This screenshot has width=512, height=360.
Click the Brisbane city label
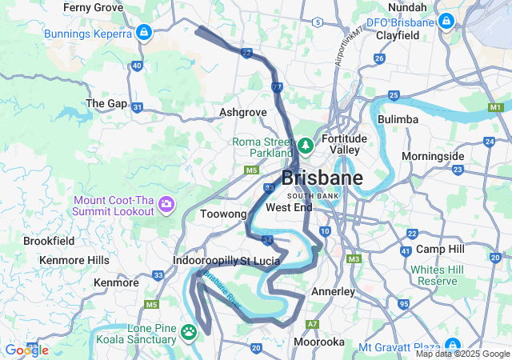(x=322, y=178)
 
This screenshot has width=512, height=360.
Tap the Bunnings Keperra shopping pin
(x=143, y=33)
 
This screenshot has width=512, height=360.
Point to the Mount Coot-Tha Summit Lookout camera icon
(x=167, y=205)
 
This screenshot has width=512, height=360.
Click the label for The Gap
(x=106, y=103)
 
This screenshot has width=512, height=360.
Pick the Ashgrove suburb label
(x=242, y=113)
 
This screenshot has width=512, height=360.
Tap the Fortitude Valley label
(x=344, y=144)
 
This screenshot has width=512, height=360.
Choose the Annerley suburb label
(x=332, y=291)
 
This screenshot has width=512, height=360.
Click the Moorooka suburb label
(x=318, y=342)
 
